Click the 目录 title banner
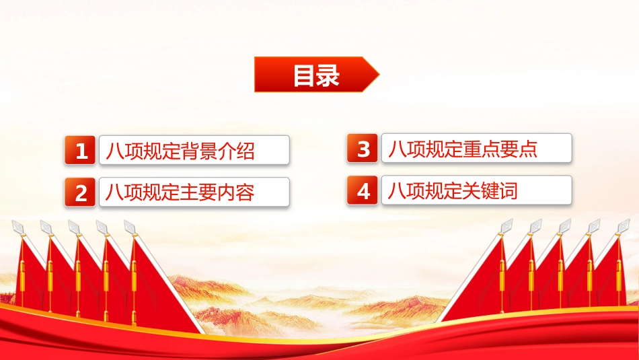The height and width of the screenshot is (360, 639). pos(316,74)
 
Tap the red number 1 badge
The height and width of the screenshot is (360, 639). pos(80,150)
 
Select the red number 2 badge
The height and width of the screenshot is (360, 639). pos(80,192)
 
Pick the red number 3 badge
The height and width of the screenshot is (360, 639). pos(363,148)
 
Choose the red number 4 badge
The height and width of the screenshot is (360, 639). pos(363,190)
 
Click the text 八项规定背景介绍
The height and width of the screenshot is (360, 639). pos(180,151)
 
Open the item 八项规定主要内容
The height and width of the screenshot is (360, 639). pos(180,192)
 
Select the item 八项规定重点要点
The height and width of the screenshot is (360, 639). pos(463,149)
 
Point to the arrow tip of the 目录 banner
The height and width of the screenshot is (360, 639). pos(379,74)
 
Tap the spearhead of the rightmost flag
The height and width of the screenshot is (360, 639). pos(624,226)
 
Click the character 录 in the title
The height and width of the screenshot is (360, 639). pos(328,75)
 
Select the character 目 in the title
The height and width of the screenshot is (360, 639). pos(305,75)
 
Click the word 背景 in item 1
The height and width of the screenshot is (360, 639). pos(198,151)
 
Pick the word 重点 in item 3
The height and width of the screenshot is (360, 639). pos(482,149)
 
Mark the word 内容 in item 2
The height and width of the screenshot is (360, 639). pos(236,192)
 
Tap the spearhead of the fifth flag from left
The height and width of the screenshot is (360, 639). pos(130,227)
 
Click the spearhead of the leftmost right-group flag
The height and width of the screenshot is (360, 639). pos(506,226)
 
